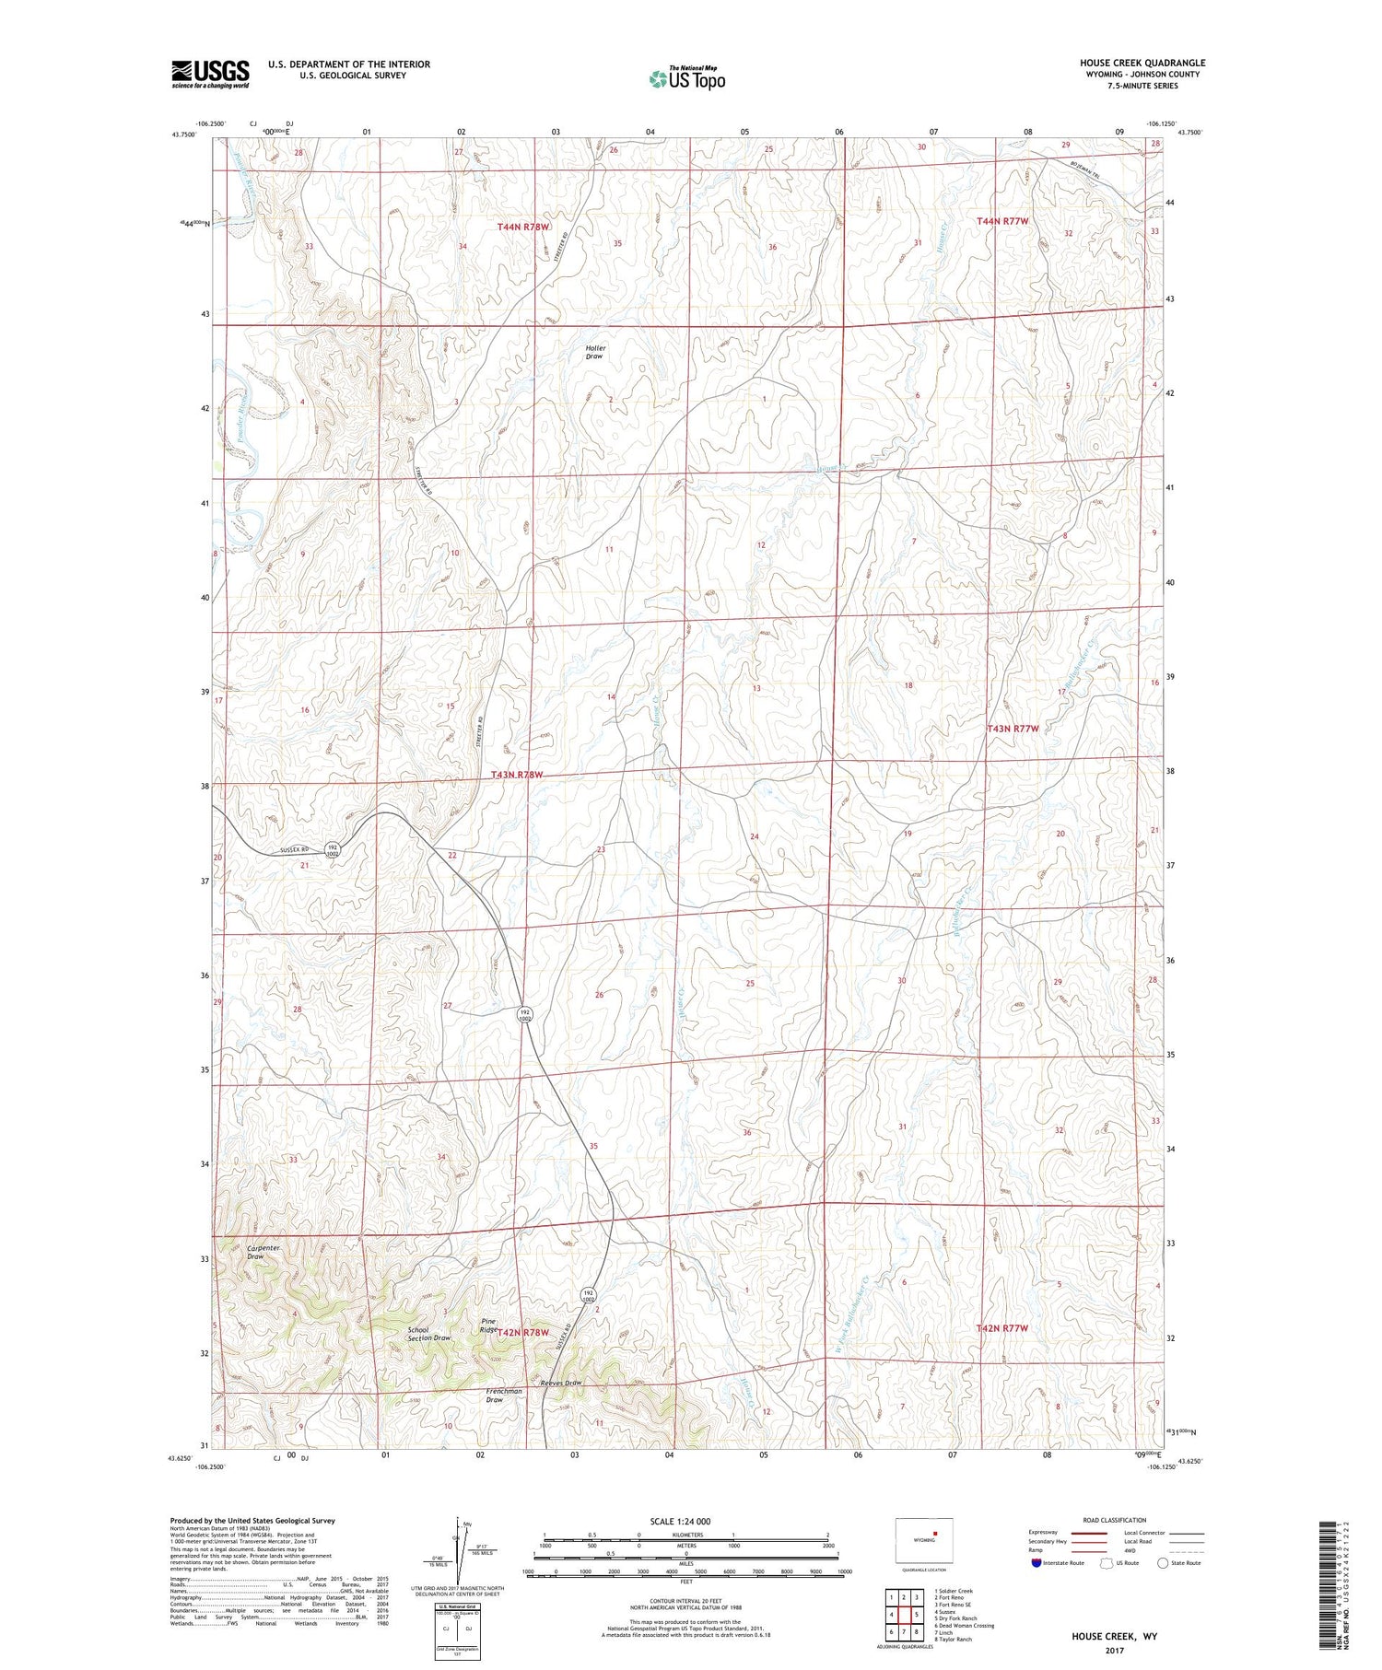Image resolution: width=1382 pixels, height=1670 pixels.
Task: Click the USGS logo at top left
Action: [210, 74]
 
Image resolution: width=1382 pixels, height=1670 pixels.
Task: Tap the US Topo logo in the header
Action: [686, 79]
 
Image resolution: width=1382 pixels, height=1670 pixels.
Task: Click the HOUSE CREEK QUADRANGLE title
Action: [1142, 63]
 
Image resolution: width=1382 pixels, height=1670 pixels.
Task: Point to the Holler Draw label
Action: [595, 352]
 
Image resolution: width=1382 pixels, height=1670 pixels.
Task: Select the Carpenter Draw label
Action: [263, 1252]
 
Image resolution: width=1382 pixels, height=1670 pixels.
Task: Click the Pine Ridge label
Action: [490, 1325]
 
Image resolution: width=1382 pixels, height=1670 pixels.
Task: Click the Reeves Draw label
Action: [560, 1383]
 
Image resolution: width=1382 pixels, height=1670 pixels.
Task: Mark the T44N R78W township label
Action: [522, 226]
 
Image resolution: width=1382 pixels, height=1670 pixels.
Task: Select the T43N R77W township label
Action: [1013, 728]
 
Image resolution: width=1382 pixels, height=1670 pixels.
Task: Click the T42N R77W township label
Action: [1001, 1327]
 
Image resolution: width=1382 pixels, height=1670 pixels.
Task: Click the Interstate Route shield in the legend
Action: [1036, 1563]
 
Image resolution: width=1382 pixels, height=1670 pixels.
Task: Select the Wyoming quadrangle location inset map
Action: [924, 1540]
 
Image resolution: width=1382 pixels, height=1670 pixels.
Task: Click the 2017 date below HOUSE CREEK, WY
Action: [1113, 1651]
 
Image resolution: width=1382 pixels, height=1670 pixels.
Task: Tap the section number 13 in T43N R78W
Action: [755, 688]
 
